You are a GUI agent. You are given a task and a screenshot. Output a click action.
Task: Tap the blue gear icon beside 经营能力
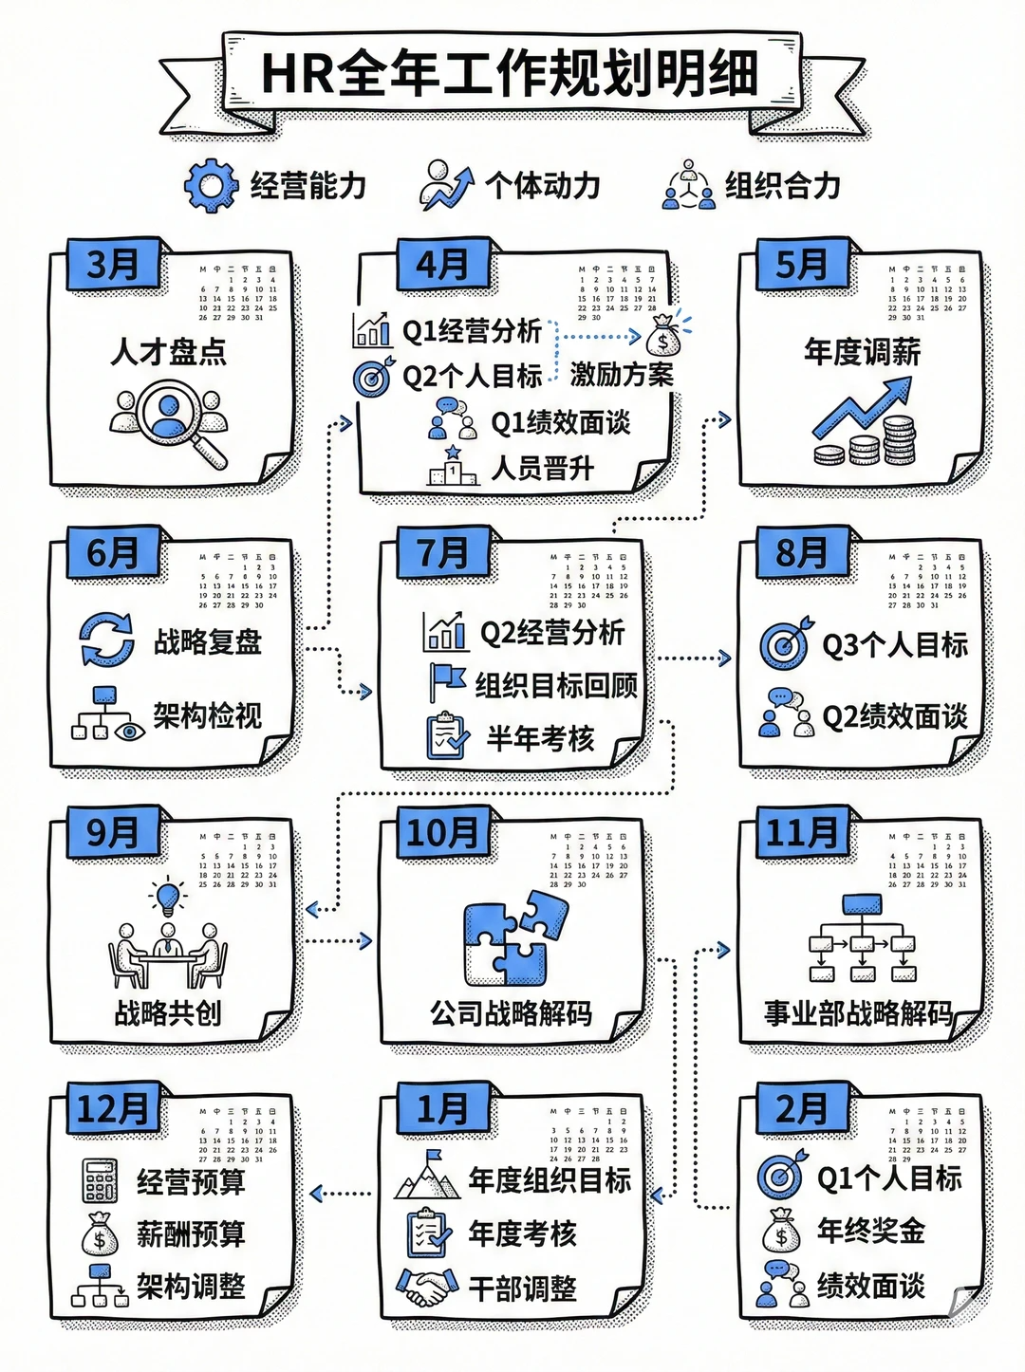210,185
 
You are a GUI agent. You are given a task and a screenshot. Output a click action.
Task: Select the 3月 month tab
113,265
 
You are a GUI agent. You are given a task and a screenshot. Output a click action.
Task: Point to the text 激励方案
622,375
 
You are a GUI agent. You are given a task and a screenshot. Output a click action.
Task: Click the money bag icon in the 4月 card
662,336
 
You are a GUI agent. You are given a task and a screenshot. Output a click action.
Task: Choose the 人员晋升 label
543,468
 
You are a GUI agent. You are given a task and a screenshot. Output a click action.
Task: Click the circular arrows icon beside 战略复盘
106,640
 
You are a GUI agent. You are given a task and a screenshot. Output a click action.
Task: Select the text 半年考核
541,738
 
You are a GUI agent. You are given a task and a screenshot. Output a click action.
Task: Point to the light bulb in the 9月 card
169,895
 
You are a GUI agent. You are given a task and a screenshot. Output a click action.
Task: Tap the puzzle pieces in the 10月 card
515,943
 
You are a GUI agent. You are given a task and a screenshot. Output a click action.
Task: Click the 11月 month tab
802,833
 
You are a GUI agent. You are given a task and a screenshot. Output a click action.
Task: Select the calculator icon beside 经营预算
101,1181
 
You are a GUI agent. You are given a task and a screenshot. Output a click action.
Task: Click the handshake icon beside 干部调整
426,1288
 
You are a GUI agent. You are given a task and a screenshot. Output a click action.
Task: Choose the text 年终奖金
871,1231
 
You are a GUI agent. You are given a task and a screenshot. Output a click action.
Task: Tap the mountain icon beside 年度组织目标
428,1177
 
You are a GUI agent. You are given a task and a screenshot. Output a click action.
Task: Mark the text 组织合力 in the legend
783,185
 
